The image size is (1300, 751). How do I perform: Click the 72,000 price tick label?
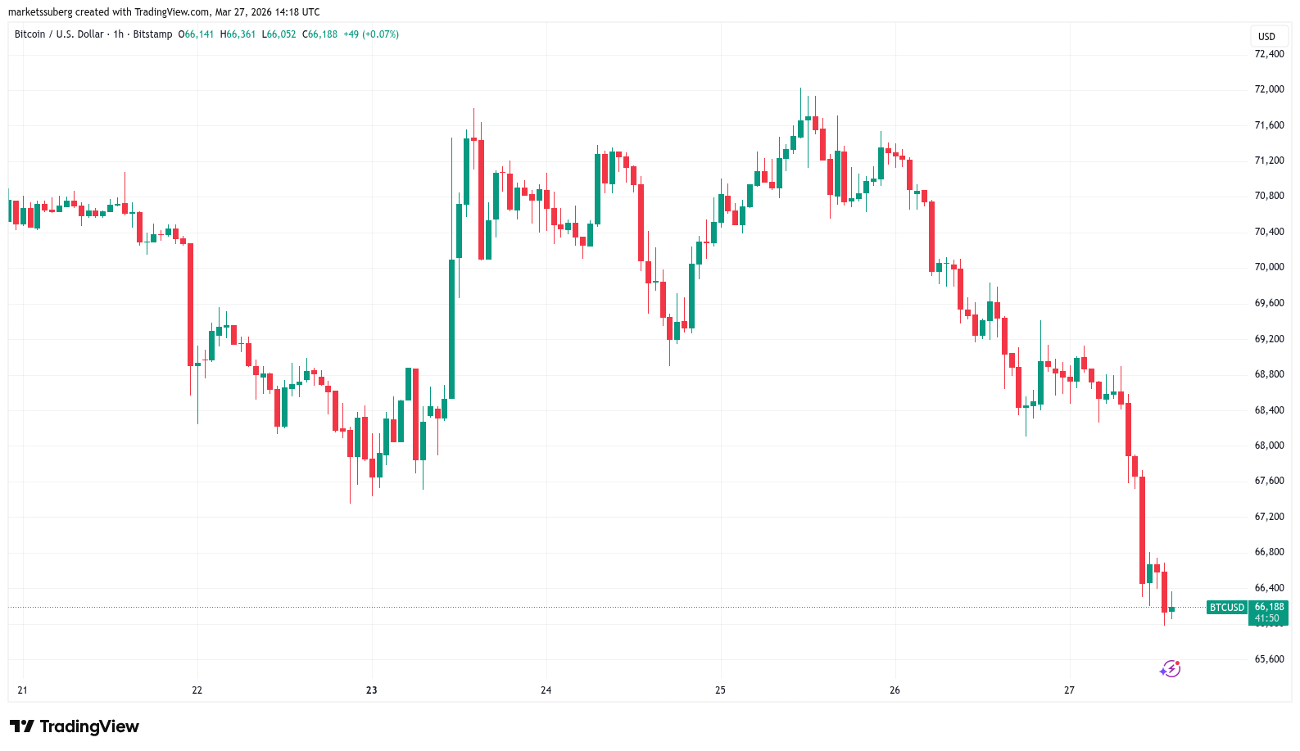pyautogui.click(x=1269, y=89)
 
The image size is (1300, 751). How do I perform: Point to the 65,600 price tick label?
pyautogui.click(x=1269, y=659)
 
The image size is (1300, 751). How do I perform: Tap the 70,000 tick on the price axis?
pyautogui.click(x=1269, y=267)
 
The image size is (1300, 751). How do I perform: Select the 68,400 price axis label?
pyautogui.click(x=1269, y=410)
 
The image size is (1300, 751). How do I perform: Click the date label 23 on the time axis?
pyautogui.click(x=372, y=690)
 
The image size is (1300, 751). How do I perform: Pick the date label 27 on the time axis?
pyautogui.click(x=1069, y=690)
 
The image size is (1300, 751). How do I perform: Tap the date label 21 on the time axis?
pyautogui.click(x=22, y=690)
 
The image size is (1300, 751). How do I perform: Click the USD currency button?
pyautogui.click(x=1266, y=37)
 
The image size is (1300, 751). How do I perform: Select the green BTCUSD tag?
pyautogui.click(x=1227, y=608)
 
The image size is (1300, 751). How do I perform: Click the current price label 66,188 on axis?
pyautogui.click(x=1269, y=607)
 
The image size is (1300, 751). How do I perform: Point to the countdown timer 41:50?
pyautogui.click(x=1267, y=618)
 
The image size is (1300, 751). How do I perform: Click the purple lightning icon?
pyautogui.click(x=1171, y=669)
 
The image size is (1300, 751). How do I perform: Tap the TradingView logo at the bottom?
pyautogui.click(x=75, y=726)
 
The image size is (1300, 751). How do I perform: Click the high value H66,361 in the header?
pyautogui.click(x=238, y=34)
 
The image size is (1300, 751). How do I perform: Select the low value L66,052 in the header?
pyautogui.click(x=279, y=34)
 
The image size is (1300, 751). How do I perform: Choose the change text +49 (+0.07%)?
pyautogui.click(x=371, y=34)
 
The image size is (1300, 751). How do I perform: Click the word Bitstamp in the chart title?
pyautogui.click(x=152, y=34)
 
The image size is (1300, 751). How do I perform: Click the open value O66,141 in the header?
pyautogui.click(x=196, y=34)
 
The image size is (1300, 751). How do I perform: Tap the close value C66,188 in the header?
pyautogui.click(x=319, y=34)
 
